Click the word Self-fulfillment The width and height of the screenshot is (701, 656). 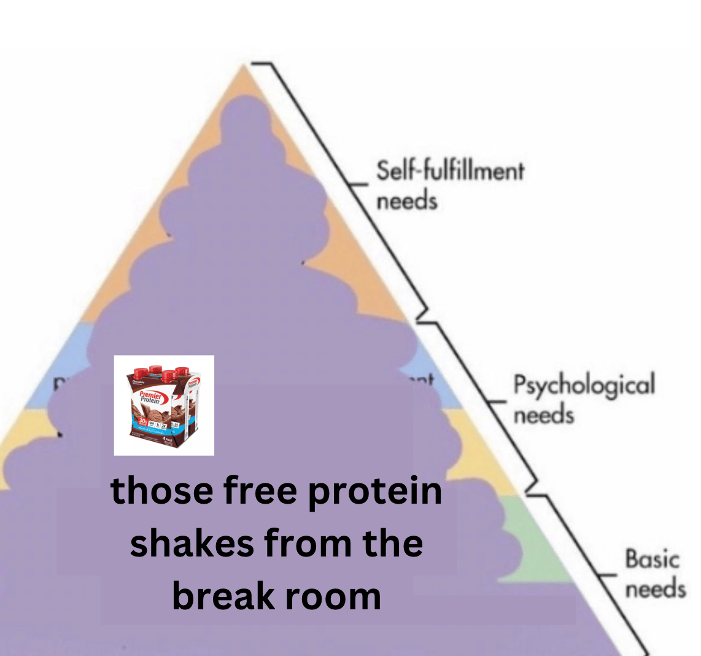(x=450, y=170)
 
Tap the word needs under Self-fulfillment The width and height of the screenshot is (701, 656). (x=406, y=201)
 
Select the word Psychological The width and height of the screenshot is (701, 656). (x=584, y=386)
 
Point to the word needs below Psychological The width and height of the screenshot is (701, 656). (x=543, y=416)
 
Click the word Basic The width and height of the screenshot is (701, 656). (x=652, y=560)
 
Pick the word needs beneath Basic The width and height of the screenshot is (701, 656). (x=655, y=589)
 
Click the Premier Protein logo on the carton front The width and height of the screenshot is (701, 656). (x=150, y=396)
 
